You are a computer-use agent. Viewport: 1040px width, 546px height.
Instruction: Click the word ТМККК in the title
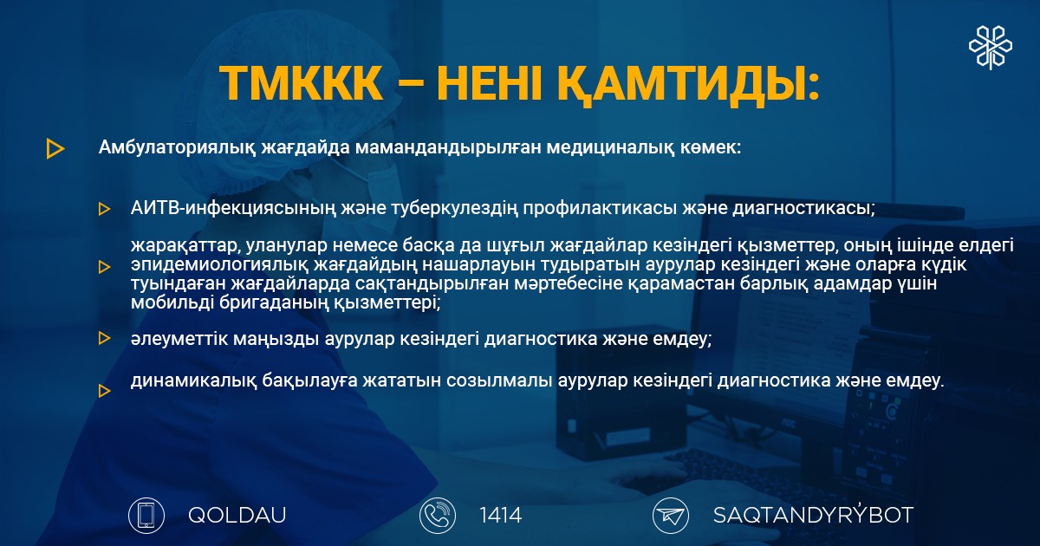coord(301,84)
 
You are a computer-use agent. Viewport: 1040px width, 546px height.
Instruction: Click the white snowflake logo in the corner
coord(991,48)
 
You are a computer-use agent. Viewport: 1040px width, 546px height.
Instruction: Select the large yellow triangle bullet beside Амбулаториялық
coord(55,148)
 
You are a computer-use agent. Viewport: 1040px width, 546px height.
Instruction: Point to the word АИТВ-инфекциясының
coord(233,209)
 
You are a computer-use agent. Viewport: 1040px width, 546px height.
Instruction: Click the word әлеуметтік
coord(179,339)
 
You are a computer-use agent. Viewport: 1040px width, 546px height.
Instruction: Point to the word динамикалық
coord(193,380)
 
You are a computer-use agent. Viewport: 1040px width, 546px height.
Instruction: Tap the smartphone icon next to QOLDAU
coord(146,516)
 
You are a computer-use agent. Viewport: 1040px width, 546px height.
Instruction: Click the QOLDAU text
coord(237,516)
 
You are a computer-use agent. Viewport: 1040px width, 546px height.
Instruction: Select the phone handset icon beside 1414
coord(438,516)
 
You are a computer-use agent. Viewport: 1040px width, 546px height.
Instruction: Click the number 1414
coord(501,516)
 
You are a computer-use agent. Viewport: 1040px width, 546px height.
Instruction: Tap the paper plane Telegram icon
coord(671,516)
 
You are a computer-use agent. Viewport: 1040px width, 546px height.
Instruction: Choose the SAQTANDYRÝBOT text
coord(813,515)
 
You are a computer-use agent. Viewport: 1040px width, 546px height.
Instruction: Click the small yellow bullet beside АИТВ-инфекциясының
coord(105,209)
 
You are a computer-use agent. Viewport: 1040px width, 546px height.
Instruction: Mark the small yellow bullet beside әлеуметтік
coord(105,338)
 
